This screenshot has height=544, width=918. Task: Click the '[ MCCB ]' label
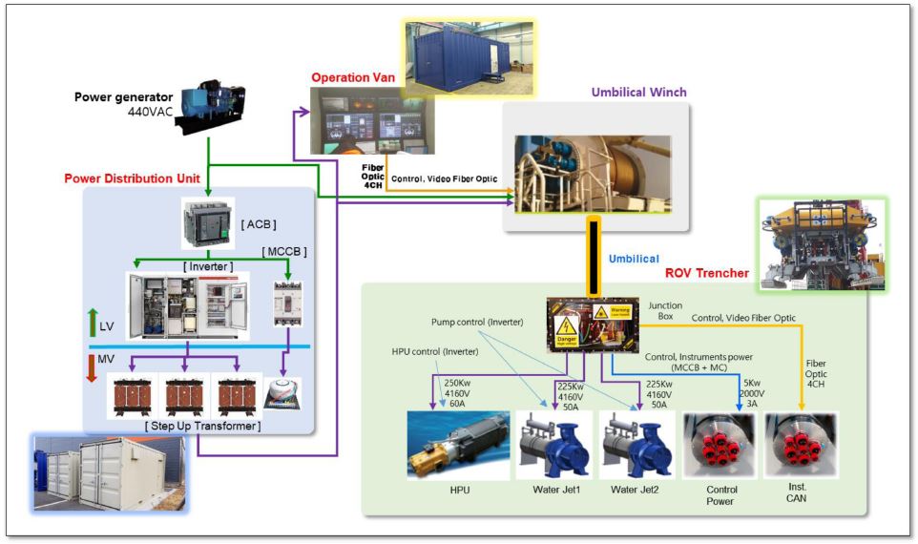[286, 251]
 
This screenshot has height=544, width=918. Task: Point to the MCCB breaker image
[287, 303]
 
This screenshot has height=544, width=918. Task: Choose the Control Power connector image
[720, 445]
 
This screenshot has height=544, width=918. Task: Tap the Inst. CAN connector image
[801, 445]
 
